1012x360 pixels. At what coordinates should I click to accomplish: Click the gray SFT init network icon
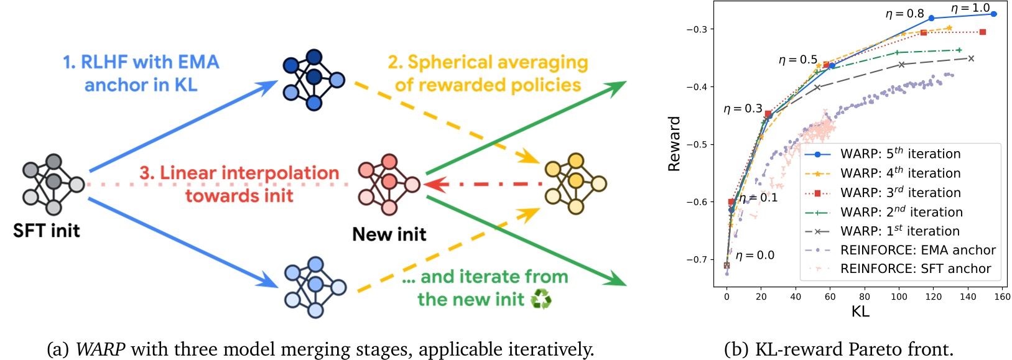[53, 184]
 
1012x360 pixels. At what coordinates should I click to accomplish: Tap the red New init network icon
[389, 185]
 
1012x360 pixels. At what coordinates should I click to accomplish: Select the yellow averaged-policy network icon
[575, 184]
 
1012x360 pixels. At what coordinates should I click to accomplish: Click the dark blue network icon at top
[313, 80]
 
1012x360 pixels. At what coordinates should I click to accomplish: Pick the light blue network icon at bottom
[315, 287]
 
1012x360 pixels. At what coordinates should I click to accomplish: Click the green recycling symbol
[541, 299]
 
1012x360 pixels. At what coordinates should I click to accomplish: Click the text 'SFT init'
[47, 231]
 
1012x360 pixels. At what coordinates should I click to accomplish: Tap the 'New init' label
[389, 234]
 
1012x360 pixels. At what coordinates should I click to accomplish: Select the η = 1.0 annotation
[970, 8]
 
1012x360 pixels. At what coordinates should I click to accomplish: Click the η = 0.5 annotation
[797, 60]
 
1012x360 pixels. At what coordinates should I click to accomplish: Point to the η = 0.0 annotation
[754, 255]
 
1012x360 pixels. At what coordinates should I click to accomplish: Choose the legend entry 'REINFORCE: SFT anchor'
[915, 269]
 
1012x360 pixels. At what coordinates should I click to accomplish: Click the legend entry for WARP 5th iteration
[900, 154]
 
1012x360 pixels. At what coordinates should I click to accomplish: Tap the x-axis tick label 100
[899, 297]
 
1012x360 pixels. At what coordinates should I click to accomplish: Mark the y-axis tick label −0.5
[696, 144]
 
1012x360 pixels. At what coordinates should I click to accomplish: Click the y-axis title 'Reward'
[674, 144]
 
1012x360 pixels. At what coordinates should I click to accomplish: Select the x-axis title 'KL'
[860, 312]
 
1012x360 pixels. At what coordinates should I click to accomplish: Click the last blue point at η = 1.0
[994, 14]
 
